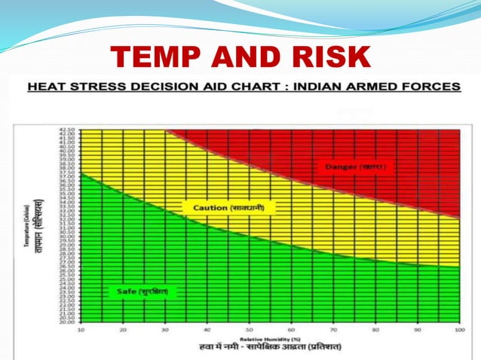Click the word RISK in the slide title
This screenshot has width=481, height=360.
[x=329, y=57]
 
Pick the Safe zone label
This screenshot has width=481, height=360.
[x=142, y=290]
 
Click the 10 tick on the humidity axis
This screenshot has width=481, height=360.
[x=80, y=331]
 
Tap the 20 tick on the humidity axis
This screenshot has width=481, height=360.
[x=122, y=331]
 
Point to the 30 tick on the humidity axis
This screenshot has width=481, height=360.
[x=164, y=331]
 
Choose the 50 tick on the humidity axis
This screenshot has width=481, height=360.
[x=249, y=331]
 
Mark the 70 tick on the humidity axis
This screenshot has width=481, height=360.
[x=332, y=331]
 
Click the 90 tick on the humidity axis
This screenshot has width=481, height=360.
[x=417, y=331]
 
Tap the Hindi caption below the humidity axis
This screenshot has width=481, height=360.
[x=270, y=347]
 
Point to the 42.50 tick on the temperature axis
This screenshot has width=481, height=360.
[x=66, y=130]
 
